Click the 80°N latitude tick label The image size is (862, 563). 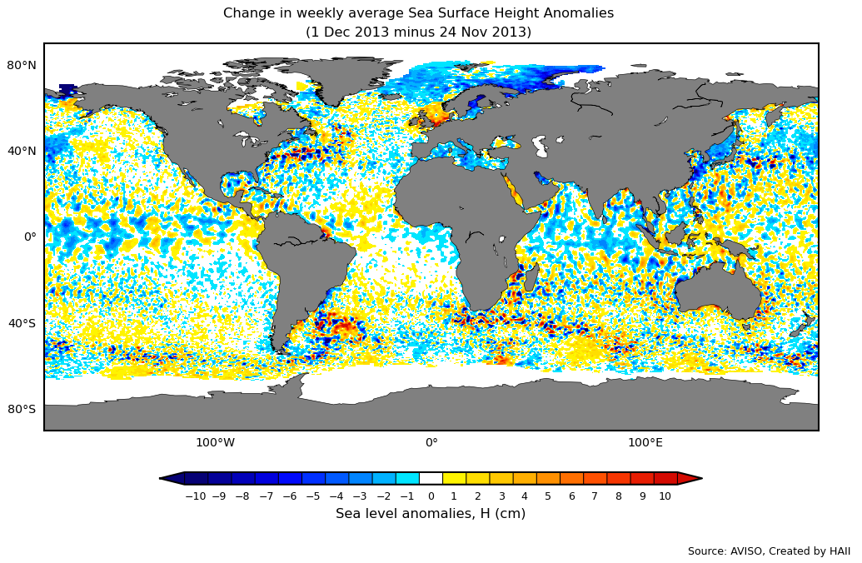[22, 65]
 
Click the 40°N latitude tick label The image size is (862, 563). [22, 151]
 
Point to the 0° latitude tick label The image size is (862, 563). [30, 237]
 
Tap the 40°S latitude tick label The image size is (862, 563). [22, 323]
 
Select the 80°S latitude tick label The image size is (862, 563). [22, 409]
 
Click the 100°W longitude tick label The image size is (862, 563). [215, 442]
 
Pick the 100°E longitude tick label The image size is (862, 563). [645, 442]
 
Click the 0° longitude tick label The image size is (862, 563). [431, 442]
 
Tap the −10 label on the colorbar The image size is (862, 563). [195, 496]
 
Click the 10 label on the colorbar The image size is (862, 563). [665, 496]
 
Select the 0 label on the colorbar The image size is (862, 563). [431, 496]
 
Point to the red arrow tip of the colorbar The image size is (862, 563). [691, 478]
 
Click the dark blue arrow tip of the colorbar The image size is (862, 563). [171, 478]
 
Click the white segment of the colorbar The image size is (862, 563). [431, 478]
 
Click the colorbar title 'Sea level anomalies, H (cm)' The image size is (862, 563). [431, 514]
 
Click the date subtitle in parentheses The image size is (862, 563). [418, 32]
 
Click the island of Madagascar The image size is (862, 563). [531, 277]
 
